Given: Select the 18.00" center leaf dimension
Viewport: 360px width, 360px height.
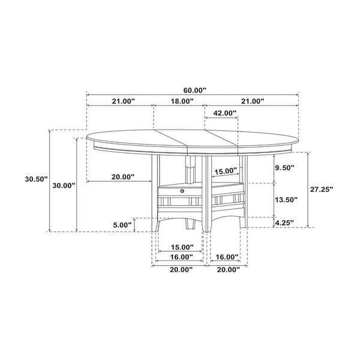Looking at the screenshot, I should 181,101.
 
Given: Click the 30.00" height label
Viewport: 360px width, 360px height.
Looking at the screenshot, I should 63,185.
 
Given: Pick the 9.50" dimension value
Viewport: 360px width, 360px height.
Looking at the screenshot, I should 286,168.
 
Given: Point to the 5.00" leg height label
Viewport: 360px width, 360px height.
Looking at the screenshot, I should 122,225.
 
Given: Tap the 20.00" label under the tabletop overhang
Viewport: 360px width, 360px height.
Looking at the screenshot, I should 122,177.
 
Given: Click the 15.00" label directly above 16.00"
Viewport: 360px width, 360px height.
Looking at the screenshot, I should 181,247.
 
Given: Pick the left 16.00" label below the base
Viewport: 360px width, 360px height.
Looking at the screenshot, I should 181,257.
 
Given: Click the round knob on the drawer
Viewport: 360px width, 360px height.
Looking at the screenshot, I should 181,190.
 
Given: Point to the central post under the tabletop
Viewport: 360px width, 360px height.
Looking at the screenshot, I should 190,162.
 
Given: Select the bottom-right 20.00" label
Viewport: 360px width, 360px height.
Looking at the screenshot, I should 227,270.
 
